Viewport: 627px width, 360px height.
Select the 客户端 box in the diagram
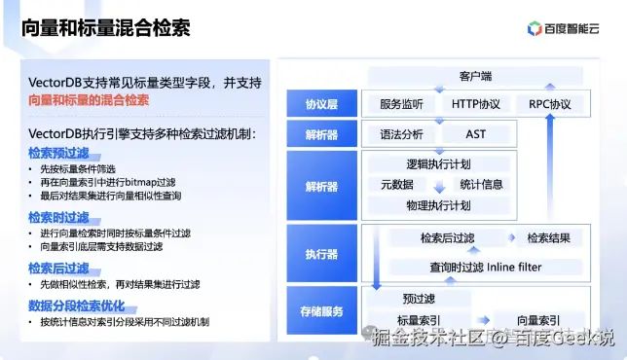click(x=474, y=76)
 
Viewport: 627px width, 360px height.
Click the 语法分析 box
click(x=399, y=133)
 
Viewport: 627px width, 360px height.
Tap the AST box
click(x=476, y=133)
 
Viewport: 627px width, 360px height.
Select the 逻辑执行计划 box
click(x=438, y=163)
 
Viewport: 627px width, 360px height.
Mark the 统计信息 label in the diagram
click(x=481, y=184)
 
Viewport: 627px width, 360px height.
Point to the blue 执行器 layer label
click(x=320, y=254)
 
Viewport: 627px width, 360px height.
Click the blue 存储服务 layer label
click(x=320, y=311)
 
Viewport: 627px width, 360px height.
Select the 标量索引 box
click(x=419, y=320)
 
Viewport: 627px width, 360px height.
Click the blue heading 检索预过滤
click(x=58, y=153)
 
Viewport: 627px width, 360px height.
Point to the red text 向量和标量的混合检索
click(x=89, y=100)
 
